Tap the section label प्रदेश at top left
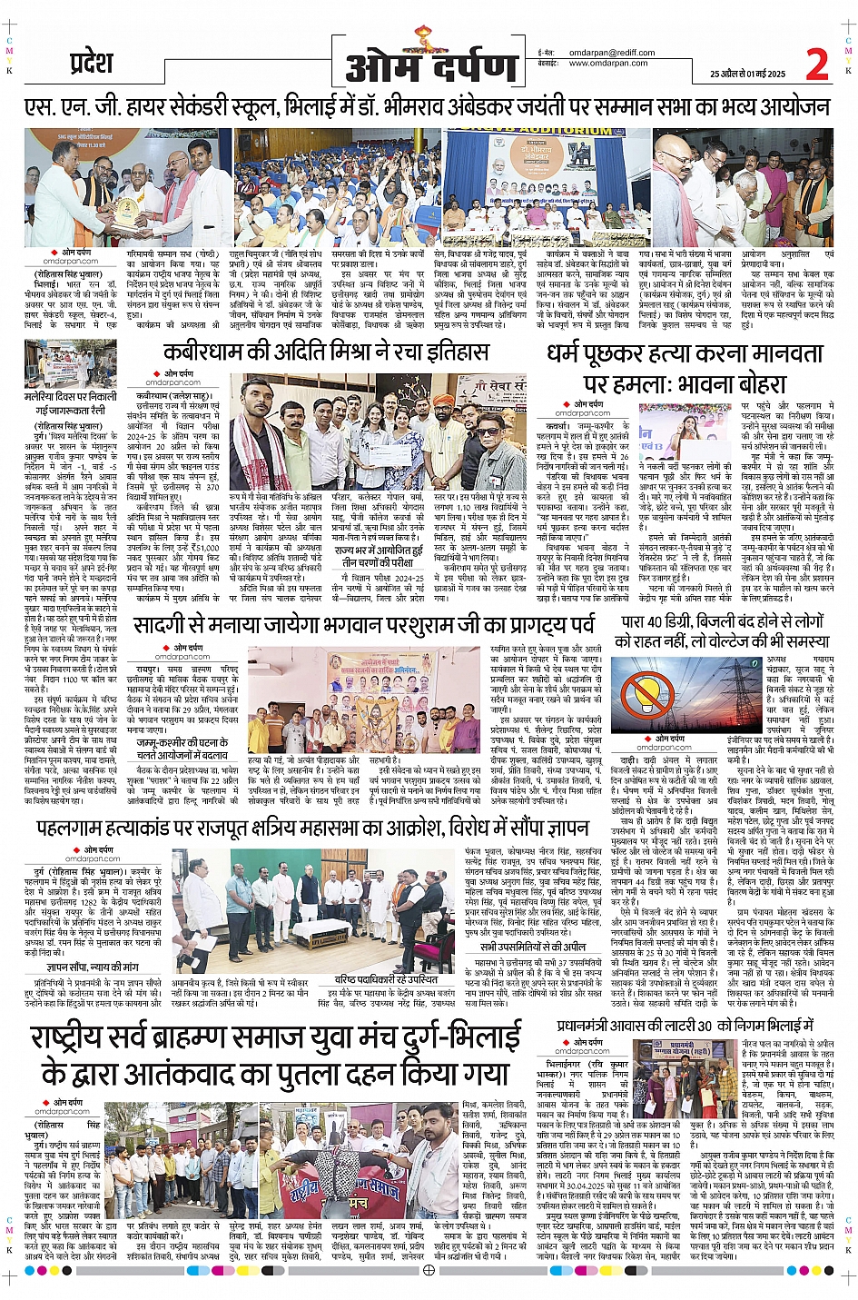coord(91,64)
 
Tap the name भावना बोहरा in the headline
coord(723,382)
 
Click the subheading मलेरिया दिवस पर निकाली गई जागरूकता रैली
coord(71,403)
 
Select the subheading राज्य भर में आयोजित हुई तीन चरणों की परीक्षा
coord(379,556)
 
